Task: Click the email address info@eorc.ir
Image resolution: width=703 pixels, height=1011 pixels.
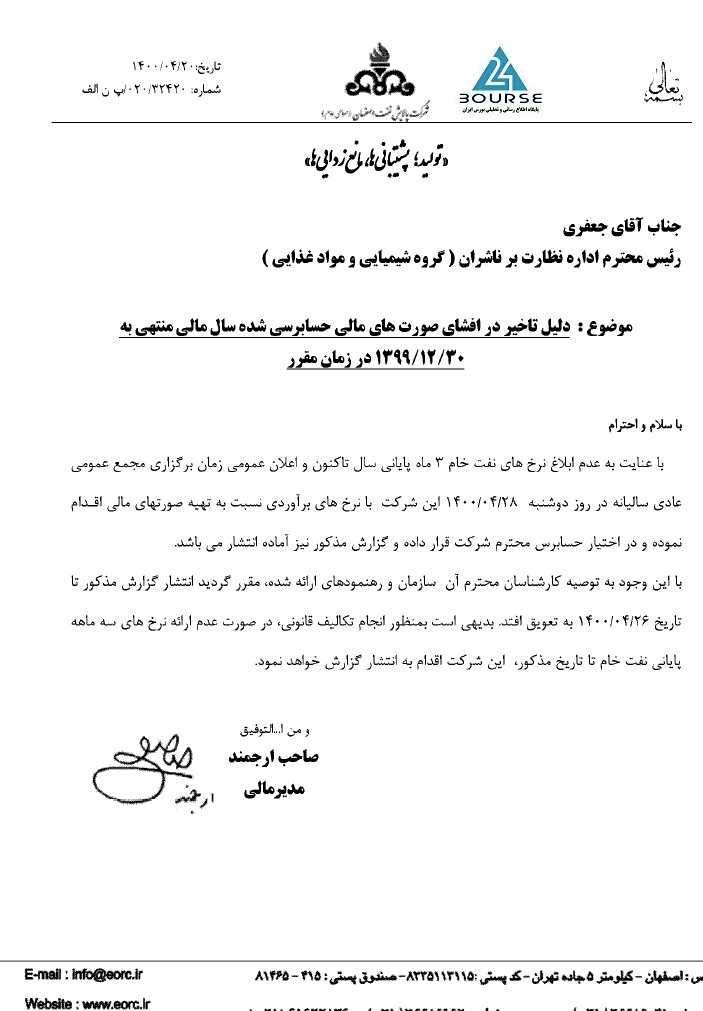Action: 96,974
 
